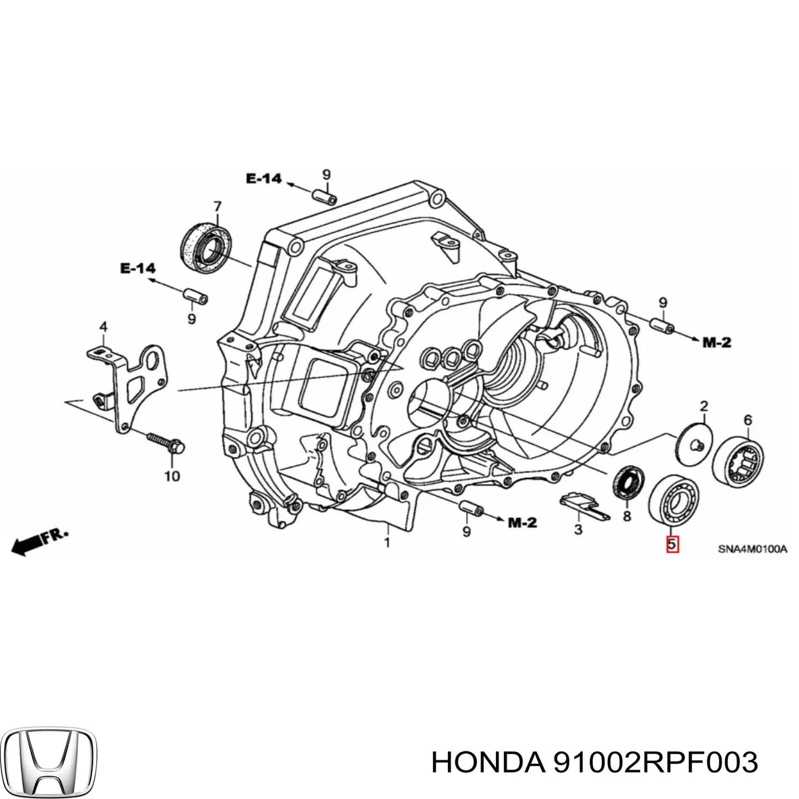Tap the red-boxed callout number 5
click(x=671, y=545)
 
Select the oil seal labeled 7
click(x=207, y=246)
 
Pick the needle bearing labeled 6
click(x=738, y=457)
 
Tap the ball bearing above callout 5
click(x=673, y=500)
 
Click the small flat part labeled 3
click(x=584, y=506)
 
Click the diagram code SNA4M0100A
click(x=752, y=550)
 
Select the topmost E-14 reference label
click(x=264, y=178)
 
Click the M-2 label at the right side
click(x=716, y=343)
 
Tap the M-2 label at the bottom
click(x=522, y=522)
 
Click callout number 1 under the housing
click(x=387, y=543)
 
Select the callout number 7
click(x=217, y=206)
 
